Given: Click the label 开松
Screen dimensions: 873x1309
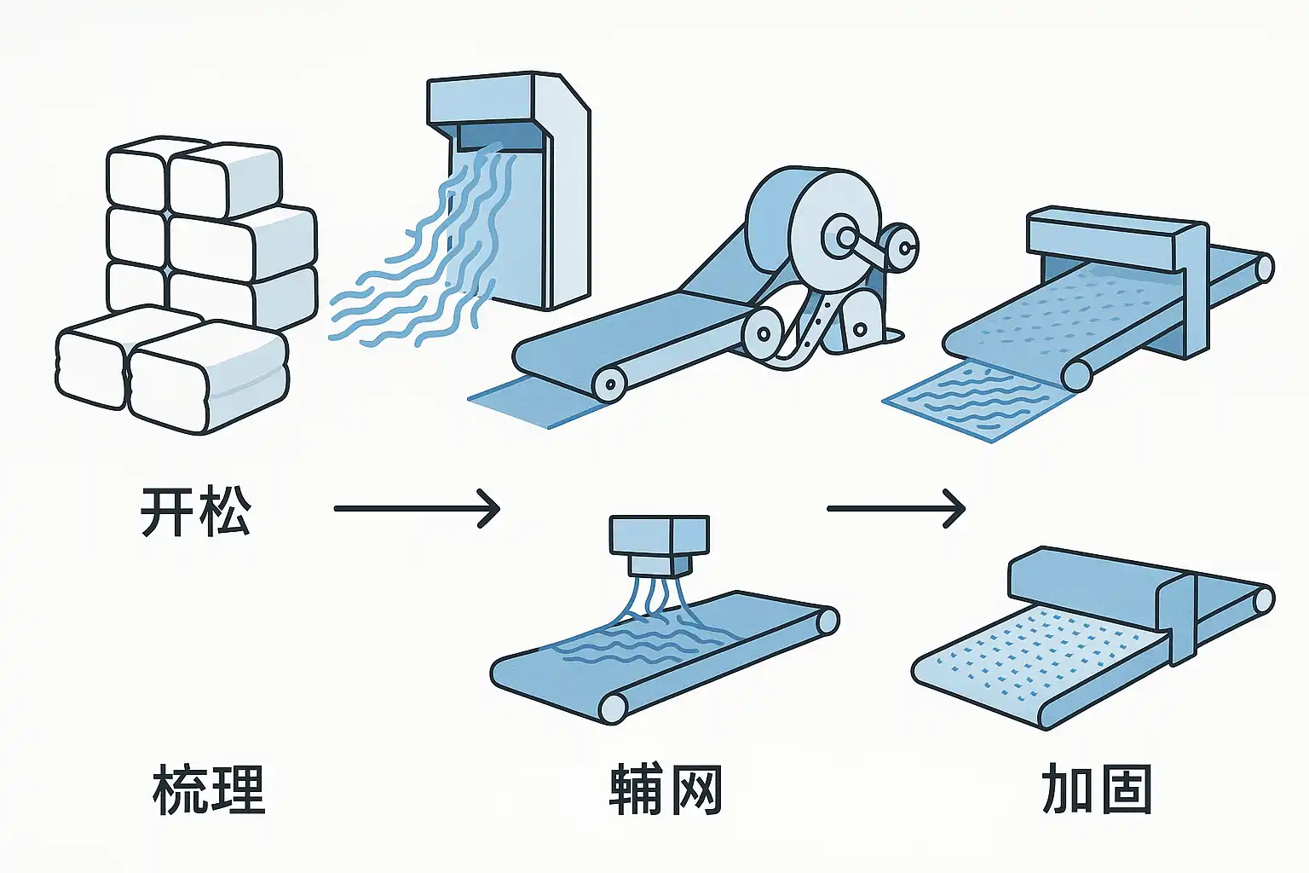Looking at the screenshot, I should pyautogui.click(x=195, y=511).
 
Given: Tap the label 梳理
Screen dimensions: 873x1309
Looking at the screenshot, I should pyautogui.click(x=209, y=789).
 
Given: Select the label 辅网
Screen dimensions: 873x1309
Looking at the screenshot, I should pyautogui.click(x=666, y=789).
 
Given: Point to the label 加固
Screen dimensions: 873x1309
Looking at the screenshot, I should pyautogui.click(x=1097, y=789).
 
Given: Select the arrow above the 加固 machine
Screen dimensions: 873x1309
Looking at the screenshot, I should pyautogui.click(x=896, y=509).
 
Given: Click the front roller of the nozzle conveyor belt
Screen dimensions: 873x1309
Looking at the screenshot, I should pyautogui.click(x=614, y=708).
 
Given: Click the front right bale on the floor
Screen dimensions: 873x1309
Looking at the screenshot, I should pyautogui.click(x=209, y=375).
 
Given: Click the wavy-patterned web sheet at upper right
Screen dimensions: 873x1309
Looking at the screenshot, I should pyautogui.click(x=972, y=401).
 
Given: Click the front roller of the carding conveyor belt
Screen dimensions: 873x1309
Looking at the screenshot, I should pyautogui.click(x=608, y=384).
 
